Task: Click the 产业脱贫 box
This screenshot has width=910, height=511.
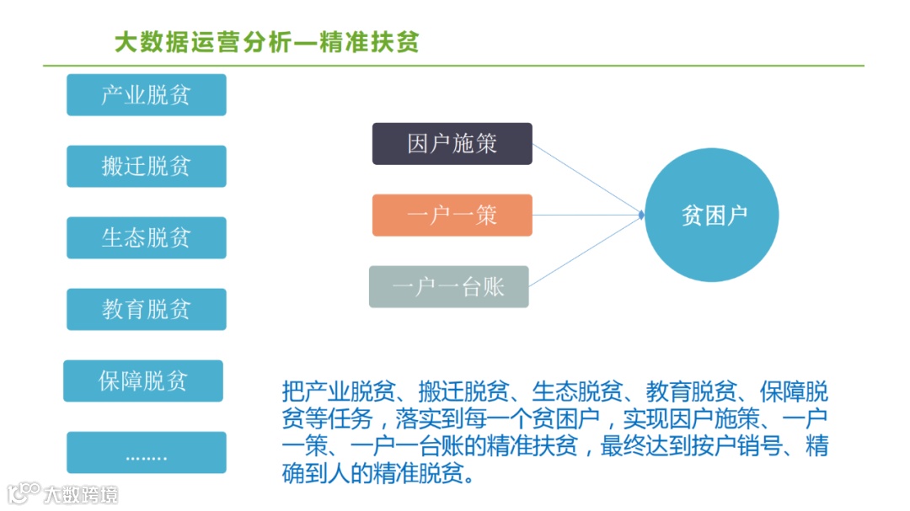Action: [147, 95]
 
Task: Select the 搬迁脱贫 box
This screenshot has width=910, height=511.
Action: [147, 167]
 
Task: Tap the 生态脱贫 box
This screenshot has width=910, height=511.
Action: [147, 238]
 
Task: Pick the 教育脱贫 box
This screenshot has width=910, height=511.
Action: [147, 310]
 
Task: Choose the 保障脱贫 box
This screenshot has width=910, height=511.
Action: [143, 381]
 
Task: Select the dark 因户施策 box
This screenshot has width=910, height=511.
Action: [452, 144]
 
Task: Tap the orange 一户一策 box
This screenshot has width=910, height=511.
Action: [452, 216]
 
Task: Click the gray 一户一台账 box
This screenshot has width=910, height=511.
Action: [448, 287]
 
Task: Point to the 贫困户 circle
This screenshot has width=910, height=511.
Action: [712, 216]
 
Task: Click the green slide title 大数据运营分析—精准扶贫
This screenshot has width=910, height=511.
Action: [266, 43]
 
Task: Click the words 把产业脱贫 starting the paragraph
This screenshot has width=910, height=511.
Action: [324, 392]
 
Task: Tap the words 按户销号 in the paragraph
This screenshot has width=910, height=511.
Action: [742, 447]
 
